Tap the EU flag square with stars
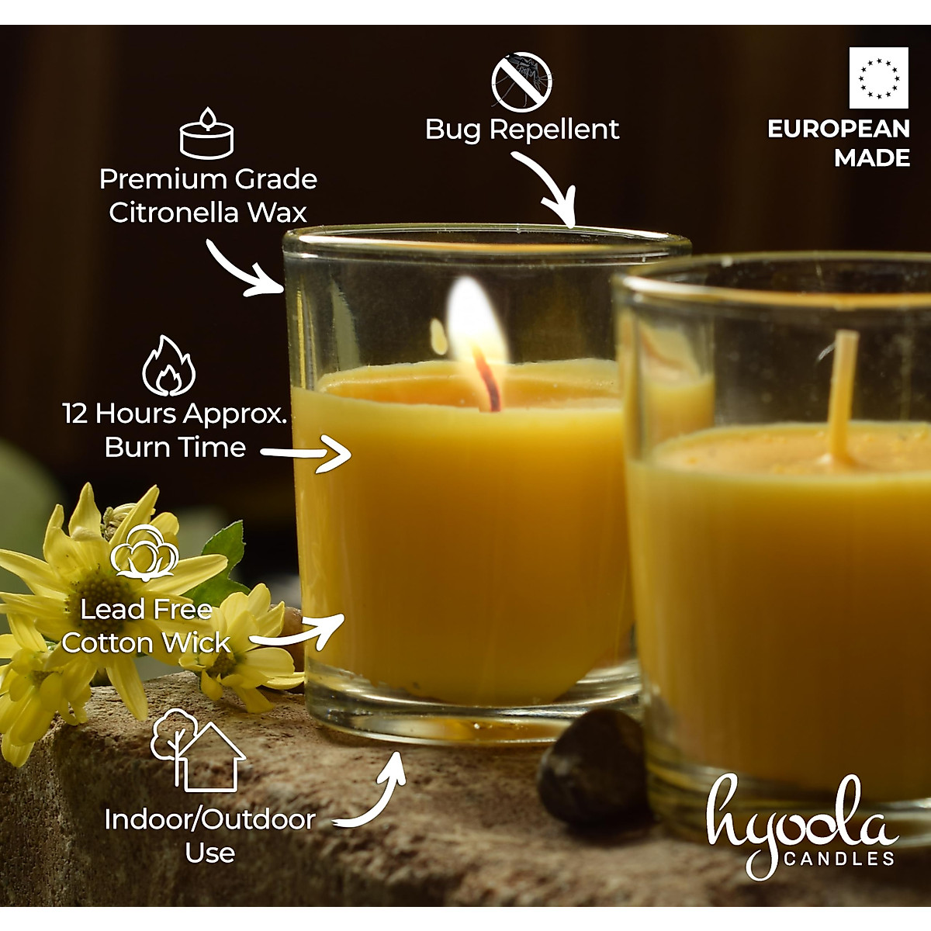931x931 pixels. tap(878, 78)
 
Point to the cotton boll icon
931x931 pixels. tap(145, 552)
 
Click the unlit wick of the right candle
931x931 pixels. tap(843, 396)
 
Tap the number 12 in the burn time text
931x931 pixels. tap(75, 414)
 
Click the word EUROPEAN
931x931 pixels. tap(838, 129)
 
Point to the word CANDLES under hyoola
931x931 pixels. tap(839, 859)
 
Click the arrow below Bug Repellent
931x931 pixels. tap(547, 188)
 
